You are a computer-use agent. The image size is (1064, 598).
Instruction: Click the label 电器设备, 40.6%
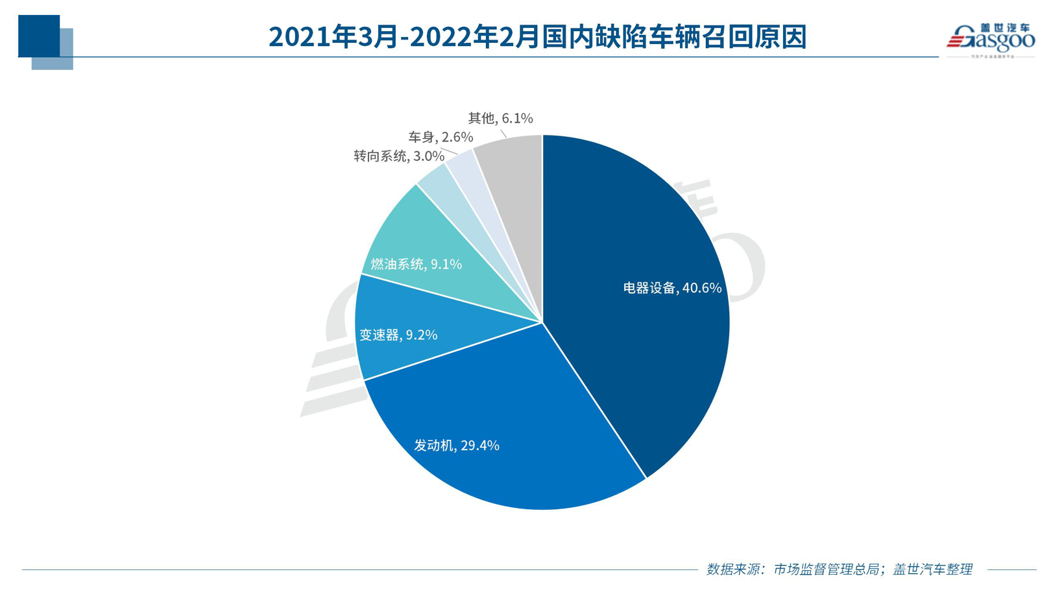[672, 288]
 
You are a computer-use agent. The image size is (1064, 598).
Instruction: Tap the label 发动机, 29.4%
[457, 446]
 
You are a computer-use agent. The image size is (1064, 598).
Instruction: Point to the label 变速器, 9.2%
[398, 335]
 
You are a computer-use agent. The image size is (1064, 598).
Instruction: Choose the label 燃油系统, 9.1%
[416, 264]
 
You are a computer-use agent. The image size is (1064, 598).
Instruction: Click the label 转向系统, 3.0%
[398, 156]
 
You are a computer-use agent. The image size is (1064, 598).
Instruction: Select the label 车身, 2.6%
[440, 138]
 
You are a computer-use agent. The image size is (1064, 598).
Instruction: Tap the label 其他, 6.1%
[500, 119]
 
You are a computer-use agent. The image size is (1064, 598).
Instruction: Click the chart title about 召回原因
[537, 37]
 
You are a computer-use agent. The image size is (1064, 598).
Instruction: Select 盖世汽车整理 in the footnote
[932, 569]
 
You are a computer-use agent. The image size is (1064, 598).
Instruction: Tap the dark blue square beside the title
[38, 36]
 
